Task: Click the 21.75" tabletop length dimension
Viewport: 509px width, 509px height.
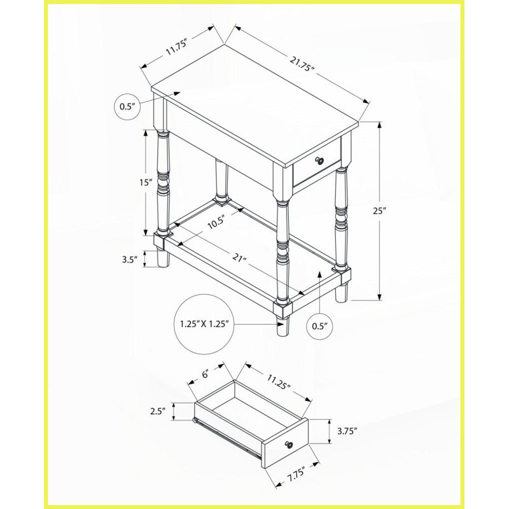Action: pyautogui.click(x=303, y=64)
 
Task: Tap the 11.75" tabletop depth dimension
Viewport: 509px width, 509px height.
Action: pyautogui.click(x=177, y=47)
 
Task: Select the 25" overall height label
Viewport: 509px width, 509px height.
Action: pyautogui.click(x=379, y=211)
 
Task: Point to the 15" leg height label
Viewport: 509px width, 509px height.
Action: pyautogui.click(x=146, y=183)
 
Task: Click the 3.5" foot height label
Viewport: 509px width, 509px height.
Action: pyautogui.click(x=130, y=260)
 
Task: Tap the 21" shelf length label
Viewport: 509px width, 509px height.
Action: pyautogui.click(x=240, y=258)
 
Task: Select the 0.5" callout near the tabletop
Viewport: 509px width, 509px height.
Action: pyautogui.click(x=127, y=106)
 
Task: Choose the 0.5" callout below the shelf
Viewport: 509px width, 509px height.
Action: pyautogui.click(x=320, y=326)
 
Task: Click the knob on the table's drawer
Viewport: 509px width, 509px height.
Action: pyautogui.click(x=320, y=160)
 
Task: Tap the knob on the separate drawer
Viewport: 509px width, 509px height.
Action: pyautogui.click(x=288, y=444)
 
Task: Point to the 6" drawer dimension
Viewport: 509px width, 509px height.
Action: pyautogui.click(x=205, y=373)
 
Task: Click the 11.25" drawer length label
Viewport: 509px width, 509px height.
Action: pyautogui.click(x=279, y=381)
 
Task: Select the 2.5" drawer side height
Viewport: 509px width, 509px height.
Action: pyautogui.click(x=158, y=411)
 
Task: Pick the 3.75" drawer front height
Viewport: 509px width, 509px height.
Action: pyautogui.click(x=347, y=431)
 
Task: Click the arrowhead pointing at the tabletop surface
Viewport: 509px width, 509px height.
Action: pyautogui.click(x=176, y=94)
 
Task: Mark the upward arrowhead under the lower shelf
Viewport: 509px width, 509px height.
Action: pyautogui.click(x=320, y=275)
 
